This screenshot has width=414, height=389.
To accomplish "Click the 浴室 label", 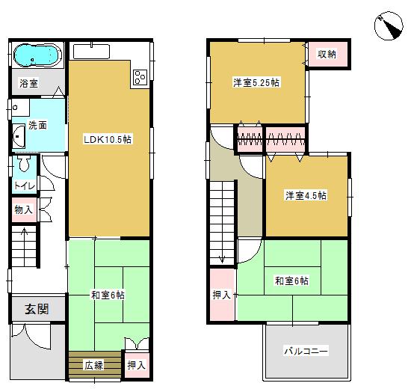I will pos(28,84).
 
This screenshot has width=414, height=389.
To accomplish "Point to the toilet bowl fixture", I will pos(24,164).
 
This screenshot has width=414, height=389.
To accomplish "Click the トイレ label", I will pos(22,184).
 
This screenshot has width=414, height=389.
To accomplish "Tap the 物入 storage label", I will pos(23,211).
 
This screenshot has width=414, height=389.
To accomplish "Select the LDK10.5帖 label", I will pos(108,139).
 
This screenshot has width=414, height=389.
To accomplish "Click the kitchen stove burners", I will pos(140,76).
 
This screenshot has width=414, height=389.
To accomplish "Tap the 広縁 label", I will pos(93,366).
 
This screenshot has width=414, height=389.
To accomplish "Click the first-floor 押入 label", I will pos(135,366).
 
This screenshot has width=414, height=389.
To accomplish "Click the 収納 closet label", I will pos(327,54).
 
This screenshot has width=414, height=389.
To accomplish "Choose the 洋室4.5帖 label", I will pos(305,196).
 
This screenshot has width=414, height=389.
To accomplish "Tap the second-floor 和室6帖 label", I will pos(291,281).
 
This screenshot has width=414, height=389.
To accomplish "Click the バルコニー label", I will pos(306,351).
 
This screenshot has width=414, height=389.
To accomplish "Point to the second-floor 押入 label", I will pos(222,295).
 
